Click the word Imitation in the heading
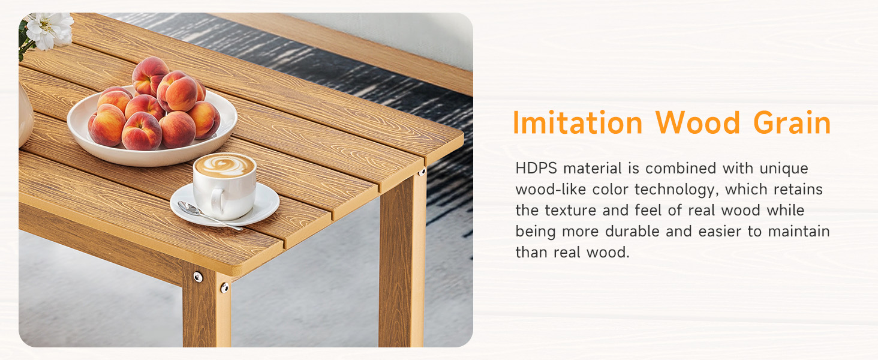[578, 124]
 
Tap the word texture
[573, 211]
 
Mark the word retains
[798, 190]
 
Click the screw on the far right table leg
[422, 173]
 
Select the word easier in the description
[711, 232]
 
